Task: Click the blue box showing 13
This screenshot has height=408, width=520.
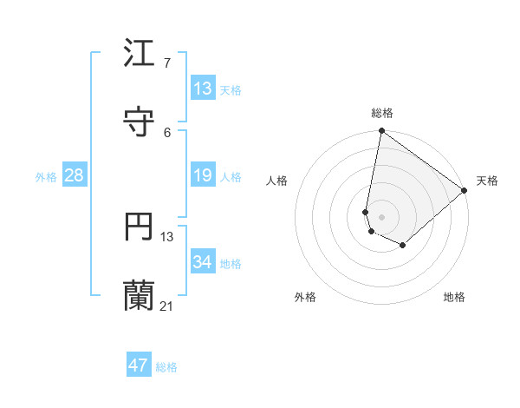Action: (203, 89)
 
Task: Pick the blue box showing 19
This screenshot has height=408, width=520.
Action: (203, 176)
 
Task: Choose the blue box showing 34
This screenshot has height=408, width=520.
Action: (203, 263)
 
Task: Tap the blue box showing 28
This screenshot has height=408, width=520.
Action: (75, 176)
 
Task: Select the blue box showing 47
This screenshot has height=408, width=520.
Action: (139, 365)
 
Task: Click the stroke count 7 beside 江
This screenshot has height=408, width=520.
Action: (166, 63)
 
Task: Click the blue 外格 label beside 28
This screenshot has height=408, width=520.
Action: (46, 177)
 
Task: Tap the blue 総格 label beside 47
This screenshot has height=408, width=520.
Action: (166, 367)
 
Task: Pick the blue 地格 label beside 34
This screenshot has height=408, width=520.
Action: (231, 264)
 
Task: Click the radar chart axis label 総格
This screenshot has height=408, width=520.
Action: (382, 113)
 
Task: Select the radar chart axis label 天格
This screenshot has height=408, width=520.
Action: (487, 181)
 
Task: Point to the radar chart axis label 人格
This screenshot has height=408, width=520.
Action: (277, 181)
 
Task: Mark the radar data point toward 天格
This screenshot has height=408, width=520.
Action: (465, 190)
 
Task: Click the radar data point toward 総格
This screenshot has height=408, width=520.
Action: (381, 132)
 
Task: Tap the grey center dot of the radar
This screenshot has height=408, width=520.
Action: (381, 216)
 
